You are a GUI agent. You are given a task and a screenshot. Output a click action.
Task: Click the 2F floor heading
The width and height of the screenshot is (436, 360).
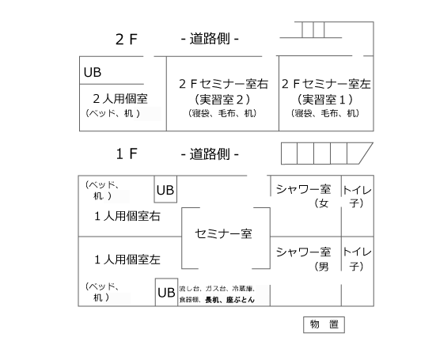pos(127,39)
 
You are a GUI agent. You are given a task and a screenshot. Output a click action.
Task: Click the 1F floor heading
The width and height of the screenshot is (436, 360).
pos(127,153)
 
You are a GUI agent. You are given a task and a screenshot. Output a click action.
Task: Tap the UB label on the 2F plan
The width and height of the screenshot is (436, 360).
pos(93,72)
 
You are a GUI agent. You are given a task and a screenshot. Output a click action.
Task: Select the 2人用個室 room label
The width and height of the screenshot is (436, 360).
pos(120,99)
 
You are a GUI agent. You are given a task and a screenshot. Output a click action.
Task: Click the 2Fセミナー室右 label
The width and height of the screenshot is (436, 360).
pos(224,84)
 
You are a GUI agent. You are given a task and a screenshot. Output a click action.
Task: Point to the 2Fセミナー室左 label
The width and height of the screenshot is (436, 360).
pos(326,84)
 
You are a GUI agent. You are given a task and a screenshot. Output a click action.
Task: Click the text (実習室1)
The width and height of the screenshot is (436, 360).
pos(325,99)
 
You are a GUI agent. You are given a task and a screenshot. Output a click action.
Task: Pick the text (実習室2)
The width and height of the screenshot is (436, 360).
pos(222,99)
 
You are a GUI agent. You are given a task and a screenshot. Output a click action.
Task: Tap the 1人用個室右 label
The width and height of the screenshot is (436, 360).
pos(127,216)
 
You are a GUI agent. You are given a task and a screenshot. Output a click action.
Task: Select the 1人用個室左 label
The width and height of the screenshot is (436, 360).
pos(127,260)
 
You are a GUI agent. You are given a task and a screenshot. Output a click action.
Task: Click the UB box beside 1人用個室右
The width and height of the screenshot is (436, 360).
pos(165,190)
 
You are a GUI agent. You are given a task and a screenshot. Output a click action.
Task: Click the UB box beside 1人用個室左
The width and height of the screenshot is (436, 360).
pos(166,292)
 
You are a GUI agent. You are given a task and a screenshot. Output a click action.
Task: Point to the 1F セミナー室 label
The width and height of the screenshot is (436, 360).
pos(224,233)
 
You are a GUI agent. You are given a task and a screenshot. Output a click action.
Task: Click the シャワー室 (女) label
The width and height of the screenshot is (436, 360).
pos(304,196)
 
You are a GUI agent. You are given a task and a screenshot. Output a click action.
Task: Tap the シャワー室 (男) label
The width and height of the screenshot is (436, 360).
pos(304,259)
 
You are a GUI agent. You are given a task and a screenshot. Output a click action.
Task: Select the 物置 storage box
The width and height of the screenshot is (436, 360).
pos(324,324)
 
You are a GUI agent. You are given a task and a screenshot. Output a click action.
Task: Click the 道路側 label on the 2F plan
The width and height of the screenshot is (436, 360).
pos(210,39)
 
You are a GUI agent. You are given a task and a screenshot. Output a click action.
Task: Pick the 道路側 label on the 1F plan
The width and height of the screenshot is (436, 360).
pos(210,153)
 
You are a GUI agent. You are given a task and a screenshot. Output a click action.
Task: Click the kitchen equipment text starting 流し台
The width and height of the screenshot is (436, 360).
pos(217,294)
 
